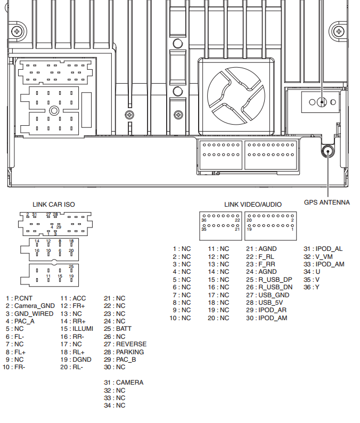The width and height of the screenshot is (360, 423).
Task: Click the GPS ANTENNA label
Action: pyautogui.click(x=326, y=202)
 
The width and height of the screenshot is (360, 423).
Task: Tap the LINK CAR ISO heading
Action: pyautogui.click(x=54, y=205)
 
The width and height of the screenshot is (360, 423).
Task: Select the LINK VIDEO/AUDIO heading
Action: pyautogui.click(x=253, y=205)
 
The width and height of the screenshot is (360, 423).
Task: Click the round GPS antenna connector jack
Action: pyautogui.click(x=327, y=151)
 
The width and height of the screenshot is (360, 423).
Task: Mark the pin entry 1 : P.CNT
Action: pyautogui.click(x=19, y=298)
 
